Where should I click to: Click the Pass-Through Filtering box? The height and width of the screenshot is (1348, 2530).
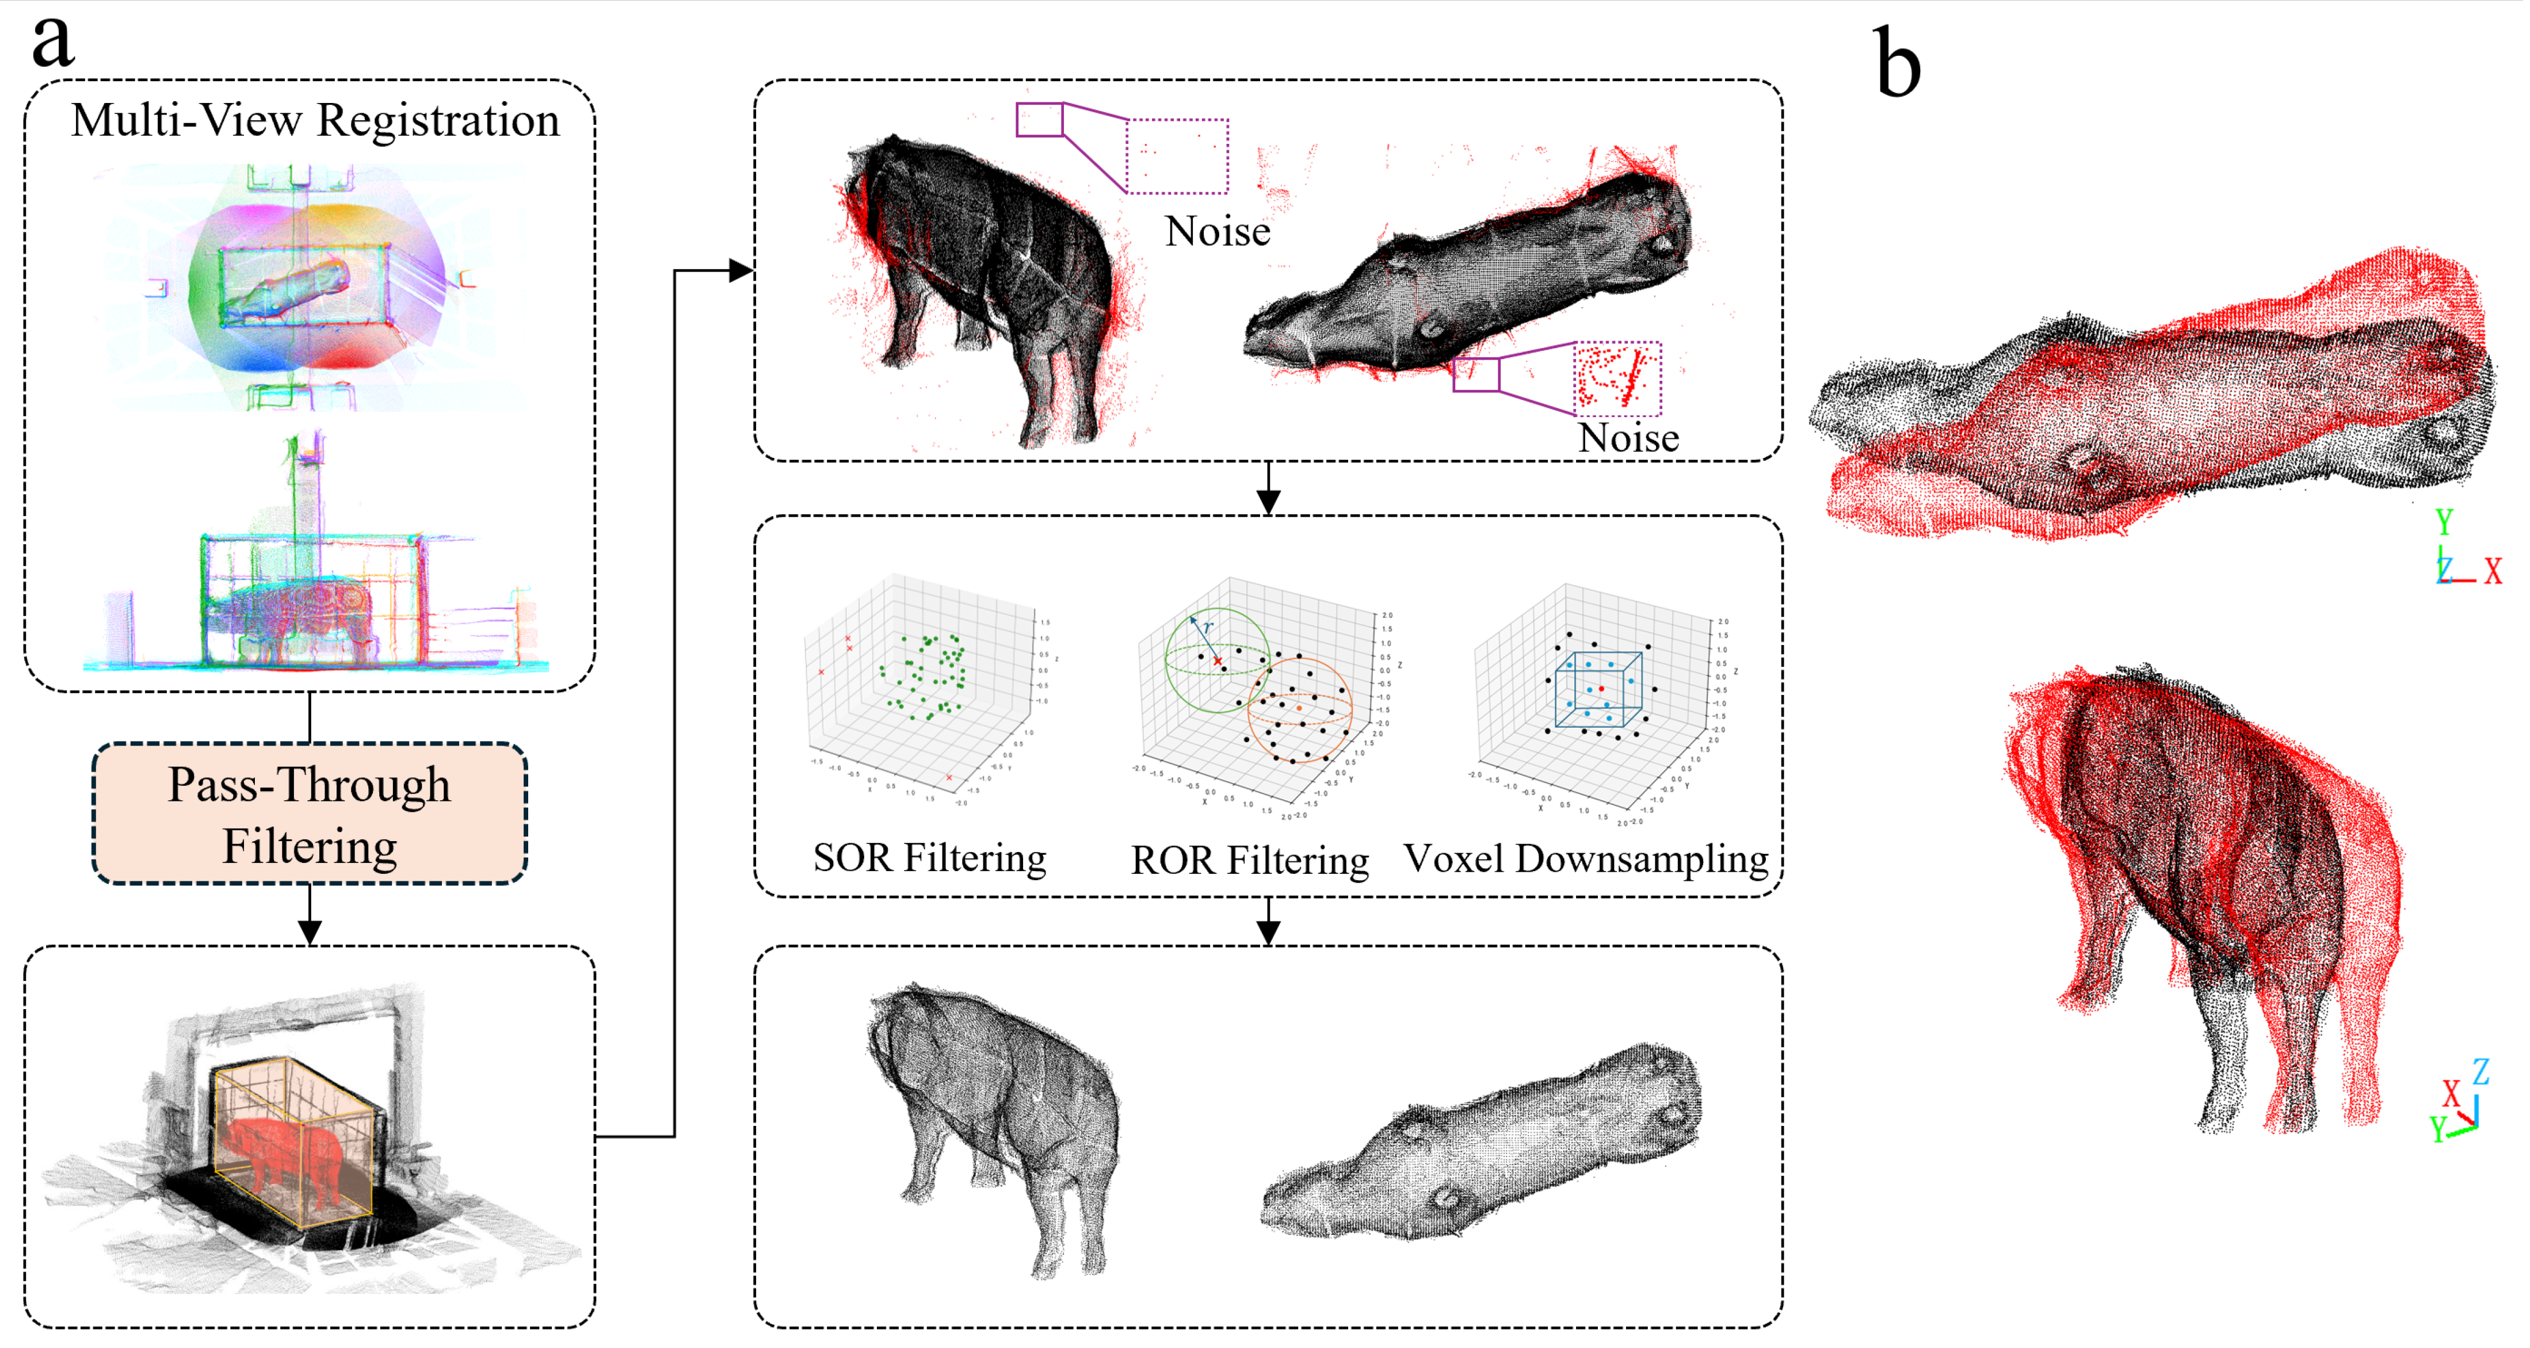(x=310, y=814)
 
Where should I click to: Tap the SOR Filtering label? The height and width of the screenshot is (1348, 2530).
(x=929, y=858)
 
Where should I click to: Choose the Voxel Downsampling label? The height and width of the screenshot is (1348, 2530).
(x=1585, y=859)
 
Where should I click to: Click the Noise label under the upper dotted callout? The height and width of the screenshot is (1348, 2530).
(x=1217, y=232)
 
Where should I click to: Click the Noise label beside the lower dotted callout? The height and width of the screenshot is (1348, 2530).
(x=1627, y=438)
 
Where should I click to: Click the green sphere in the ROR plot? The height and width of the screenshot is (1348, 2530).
(x=1216, y=660)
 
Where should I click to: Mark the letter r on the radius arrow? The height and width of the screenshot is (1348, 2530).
(x=1208, y=627)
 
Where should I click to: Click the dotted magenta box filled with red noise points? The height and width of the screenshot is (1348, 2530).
(x=1617, y=377)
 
